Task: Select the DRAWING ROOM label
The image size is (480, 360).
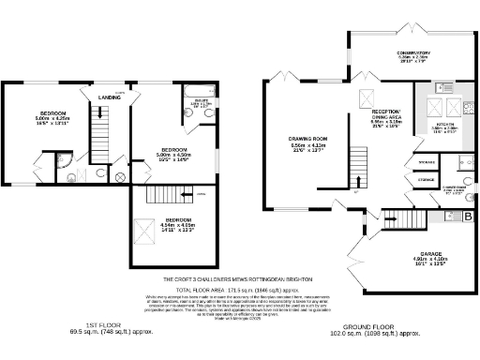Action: (307, 140)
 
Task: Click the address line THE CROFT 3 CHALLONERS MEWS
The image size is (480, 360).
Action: (240, 279)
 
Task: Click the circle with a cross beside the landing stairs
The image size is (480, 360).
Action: (120, 175)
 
